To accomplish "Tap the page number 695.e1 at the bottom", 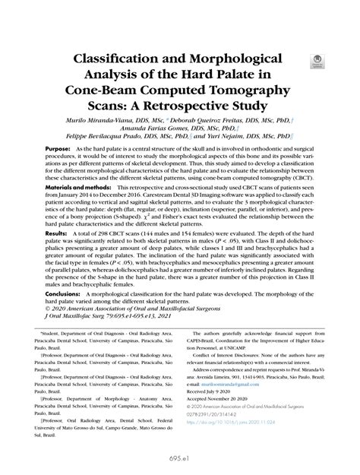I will coord(179,458).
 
